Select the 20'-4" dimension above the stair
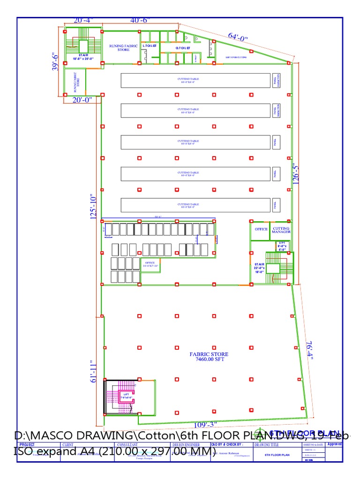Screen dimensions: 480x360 click(x=83, y=20)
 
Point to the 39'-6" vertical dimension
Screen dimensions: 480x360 click(x=56, y=61)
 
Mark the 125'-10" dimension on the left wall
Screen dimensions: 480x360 click(x=94, y=207)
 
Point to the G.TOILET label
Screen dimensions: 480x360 click(x=183, y=48)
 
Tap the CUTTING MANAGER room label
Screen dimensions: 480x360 click(x=281, y=230)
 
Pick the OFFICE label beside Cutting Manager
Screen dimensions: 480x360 click(x=261, y=230)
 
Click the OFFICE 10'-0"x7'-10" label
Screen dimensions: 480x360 click(x=150, y=264)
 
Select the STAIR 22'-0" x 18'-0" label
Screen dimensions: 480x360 click(x=259, y=268)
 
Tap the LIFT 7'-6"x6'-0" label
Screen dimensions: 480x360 click(x=126, y=396)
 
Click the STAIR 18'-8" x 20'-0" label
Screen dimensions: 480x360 click(x=83, y=57)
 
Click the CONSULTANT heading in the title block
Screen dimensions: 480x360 click(x=127, y=444)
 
